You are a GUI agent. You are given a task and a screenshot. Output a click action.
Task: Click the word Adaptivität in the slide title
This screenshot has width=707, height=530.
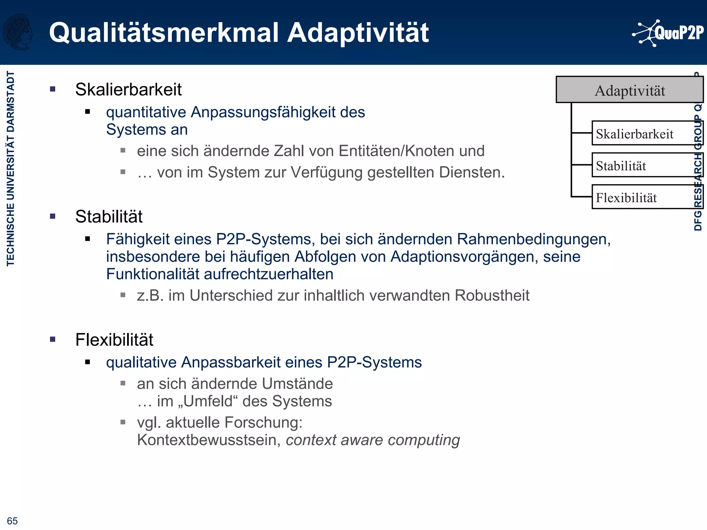pos(358,33)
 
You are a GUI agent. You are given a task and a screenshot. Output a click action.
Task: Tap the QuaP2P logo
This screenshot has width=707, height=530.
pos(668,33)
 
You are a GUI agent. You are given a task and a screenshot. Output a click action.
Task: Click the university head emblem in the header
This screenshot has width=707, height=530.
pos(18,32)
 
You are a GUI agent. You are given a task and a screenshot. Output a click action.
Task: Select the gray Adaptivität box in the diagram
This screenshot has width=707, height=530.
pos(629,90)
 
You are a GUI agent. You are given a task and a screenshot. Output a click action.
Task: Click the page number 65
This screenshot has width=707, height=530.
pos(12,521)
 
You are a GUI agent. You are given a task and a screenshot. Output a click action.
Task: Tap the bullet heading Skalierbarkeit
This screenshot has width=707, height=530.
pos(128,89)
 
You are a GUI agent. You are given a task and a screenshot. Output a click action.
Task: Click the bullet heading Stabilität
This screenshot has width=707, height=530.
pos(109,216)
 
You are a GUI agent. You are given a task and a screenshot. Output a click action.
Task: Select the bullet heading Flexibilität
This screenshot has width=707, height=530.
pos(114,340)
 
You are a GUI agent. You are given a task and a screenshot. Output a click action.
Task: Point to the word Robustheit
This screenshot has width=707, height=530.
pos(492,295)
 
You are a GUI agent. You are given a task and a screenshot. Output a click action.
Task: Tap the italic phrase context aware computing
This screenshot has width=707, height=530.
pos(373,440)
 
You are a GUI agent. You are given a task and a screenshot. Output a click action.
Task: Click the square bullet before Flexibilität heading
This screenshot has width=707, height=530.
pos(53,340)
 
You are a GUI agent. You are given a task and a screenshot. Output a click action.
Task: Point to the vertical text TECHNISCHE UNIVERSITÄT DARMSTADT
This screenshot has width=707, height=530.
pos(11,168)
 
